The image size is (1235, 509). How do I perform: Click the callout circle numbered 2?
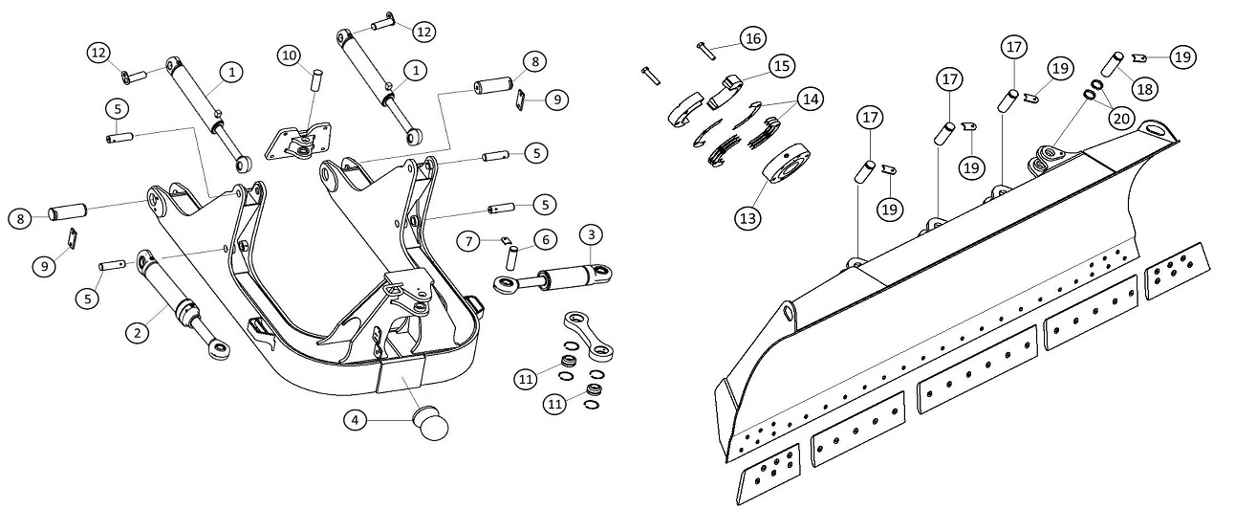(139, 332)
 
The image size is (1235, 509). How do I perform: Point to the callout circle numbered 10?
(290, 55)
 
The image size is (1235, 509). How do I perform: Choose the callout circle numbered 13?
(748, 217)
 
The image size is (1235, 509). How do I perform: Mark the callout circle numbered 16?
(752, 38)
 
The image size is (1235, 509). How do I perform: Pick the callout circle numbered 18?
(1143, 88)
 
